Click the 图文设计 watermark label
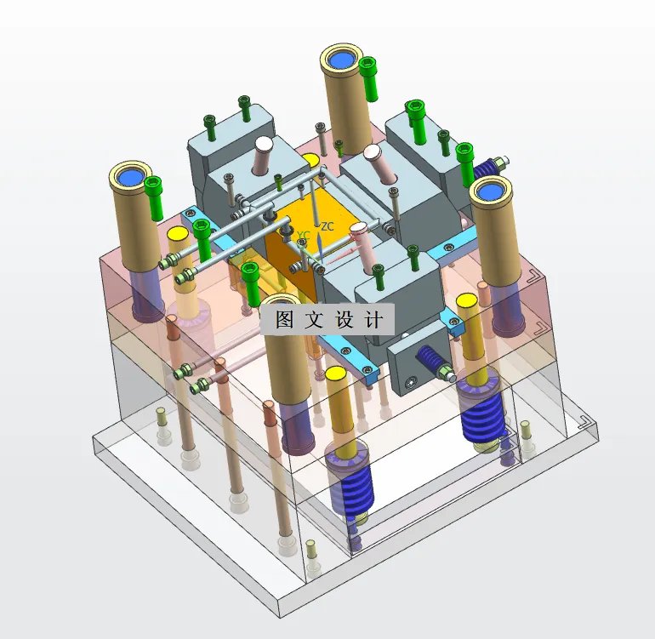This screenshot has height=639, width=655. pos(327,320)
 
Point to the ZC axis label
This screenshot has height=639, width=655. pos(327,226)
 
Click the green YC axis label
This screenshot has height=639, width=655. pos(304,236)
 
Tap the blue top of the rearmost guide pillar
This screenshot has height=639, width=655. pos(344,60)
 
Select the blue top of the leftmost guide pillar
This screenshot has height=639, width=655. pos(130,177)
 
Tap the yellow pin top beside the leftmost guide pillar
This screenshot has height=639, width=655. pos(178,234)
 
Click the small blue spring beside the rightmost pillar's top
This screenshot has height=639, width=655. pos(487,168)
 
